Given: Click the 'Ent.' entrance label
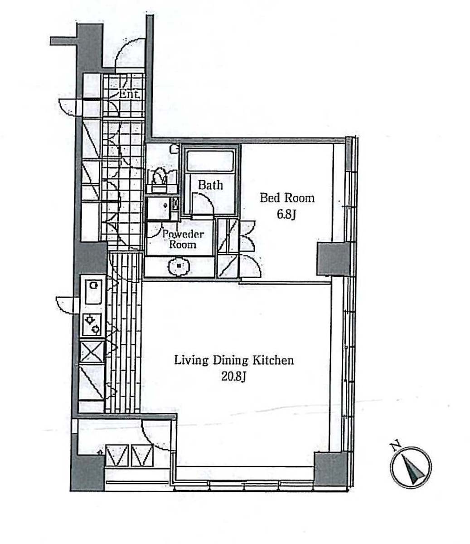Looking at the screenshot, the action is click(130, 94).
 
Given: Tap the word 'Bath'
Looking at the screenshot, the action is click(210, 185).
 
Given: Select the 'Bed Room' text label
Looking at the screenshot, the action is click(287, 198).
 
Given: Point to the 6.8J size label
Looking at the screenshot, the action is click(286, 215).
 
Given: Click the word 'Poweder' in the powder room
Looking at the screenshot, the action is click(183, 234).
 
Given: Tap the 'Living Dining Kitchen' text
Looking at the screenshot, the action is click(234, 360).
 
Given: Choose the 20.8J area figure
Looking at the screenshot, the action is click(233, 377).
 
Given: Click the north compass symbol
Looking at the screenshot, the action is click(411, 467).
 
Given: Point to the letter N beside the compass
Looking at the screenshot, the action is click(394, 446).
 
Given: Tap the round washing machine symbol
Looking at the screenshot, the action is click(179, 266).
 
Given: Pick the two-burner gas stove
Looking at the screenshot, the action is click(92, 325).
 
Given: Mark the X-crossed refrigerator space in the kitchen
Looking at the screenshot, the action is click(92, 352).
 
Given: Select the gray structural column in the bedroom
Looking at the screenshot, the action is click(332, 259).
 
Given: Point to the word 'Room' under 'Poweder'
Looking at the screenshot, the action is click(183, 245).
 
